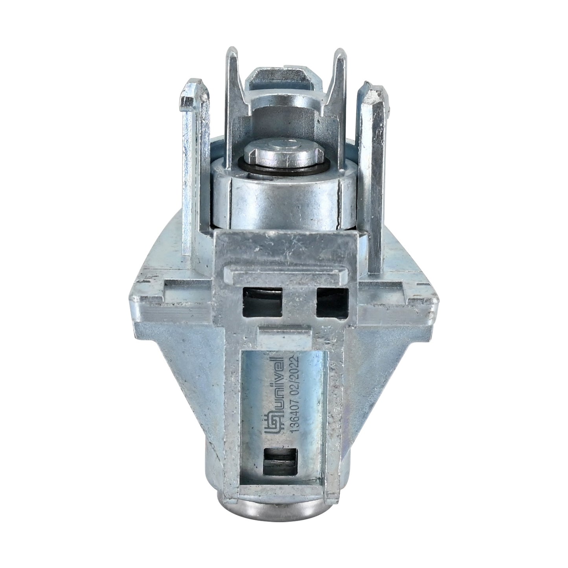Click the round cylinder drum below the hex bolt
click(282, 200)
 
